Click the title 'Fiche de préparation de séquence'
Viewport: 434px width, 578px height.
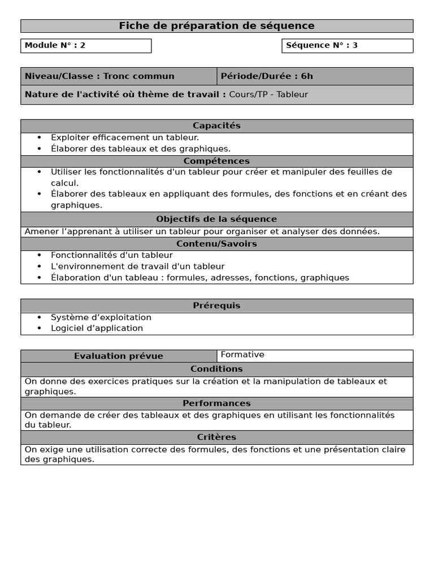(216, 26)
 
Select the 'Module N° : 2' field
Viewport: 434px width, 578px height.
(86, 46)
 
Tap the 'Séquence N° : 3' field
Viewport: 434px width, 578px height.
(347, 46)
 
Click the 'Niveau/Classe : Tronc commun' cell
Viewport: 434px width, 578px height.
(119, 76)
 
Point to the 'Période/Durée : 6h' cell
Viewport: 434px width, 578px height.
(315, 76)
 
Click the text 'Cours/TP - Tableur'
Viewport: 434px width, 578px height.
(268, 94)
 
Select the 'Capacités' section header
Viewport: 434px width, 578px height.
(216, 126)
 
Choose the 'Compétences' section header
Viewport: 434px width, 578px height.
(216, 161)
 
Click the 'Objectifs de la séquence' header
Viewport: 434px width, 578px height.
(216, 219)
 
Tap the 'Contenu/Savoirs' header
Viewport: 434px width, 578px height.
(216, 244)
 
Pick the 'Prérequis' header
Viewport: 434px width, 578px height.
(216, 305)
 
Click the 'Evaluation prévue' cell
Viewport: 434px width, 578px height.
(119, 356)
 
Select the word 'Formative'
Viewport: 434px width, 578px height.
(242, 354)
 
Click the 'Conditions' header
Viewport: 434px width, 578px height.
(216, 369)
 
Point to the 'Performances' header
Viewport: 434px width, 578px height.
(216, 404)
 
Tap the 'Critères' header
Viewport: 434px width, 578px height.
(216, 437)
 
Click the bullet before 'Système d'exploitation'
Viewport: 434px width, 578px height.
(39, 317)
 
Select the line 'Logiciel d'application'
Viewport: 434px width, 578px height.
(97, 328)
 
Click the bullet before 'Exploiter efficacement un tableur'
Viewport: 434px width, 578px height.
(39, 137)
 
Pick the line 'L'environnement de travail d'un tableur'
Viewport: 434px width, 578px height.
(137, 266)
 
